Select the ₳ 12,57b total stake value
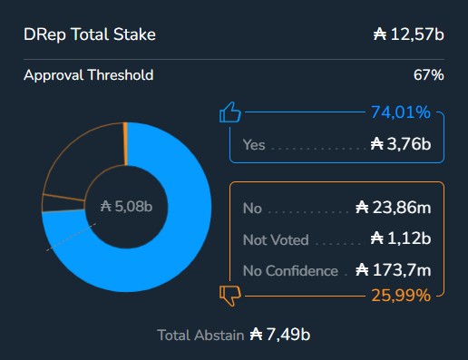pyautogui.click(x=408, y=35)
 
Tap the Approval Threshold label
pyautogui.click(x=88, y=74)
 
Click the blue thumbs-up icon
pyautogui.click(x=230, y=113)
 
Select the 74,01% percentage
pyautogui.click(x=400, y=112)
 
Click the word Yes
pyautogui.click(x=254, y=144)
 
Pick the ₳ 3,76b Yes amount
pyautogui.click(x=401, y=144)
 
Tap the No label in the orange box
pyautogui.click(x=252, y=209)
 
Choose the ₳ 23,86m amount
pyautogui.click(x=392, y=209)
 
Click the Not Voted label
pyautogui.click(x=276, y=240)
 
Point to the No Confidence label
pyautogui.click(x=290, y=271)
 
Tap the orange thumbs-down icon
pyautogui.click(x=230, y=293)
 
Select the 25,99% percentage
pyautogui.click(x=400, y=296)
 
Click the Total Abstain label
pyautogui.click(x=200, y=335)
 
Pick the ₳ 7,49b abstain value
pyautogui.click(x=280, y=335)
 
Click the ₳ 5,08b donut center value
pyautogui.click(x=126, y=207)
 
